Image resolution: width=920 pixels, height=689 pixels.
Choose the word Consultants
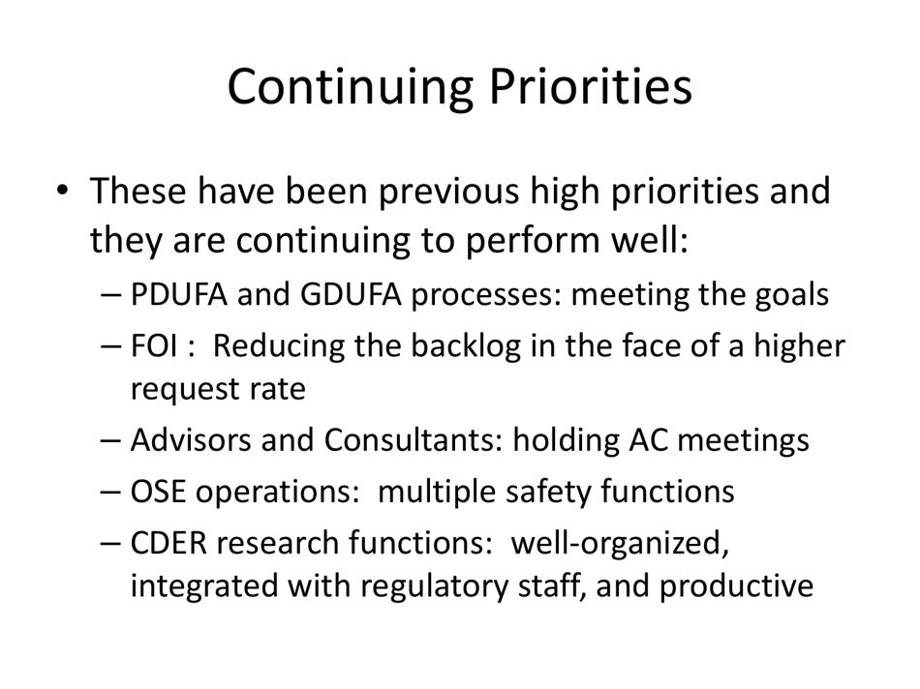pos(410,440)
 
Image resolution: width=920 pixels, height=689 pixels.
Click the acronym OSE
pos(158,492)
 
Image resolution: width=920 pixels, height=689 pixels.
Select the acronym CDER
pos(169,543)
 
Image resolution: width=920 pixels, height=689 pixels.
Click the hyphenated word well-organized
pos(620,543)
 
